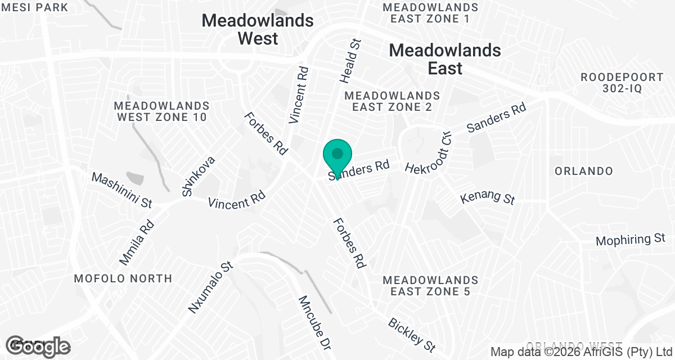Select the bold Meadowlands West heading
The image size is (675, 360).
pyautogui.click(x=258, y=29)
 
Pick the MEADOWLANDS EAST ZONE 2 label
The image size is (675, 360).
pyautogui.click(x=393, y=101)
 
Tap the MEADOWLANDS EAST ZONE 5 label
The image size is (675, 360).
pyautogui.click(x=430, y=285)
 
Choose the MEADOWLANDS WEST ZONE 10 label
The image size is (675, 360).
pyautogui.click(x=161, y=111)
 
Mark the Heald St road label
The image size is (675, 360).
pyautogui.click(x=350, y=60)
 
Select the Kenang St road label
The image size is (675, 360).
pyautogui.click(x=487, y=198)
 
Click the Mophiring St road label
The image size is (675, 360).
pyautogui.click(x=631, y=240)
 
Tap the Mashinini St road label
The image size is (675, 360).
pyautogui.click(x=122, y=190)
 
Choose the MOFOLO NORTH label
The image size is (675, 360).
pyautogui.click(x=124, y=278)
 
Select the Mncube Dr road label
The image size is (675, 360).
pyautogui.click(x=313, y=321)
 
